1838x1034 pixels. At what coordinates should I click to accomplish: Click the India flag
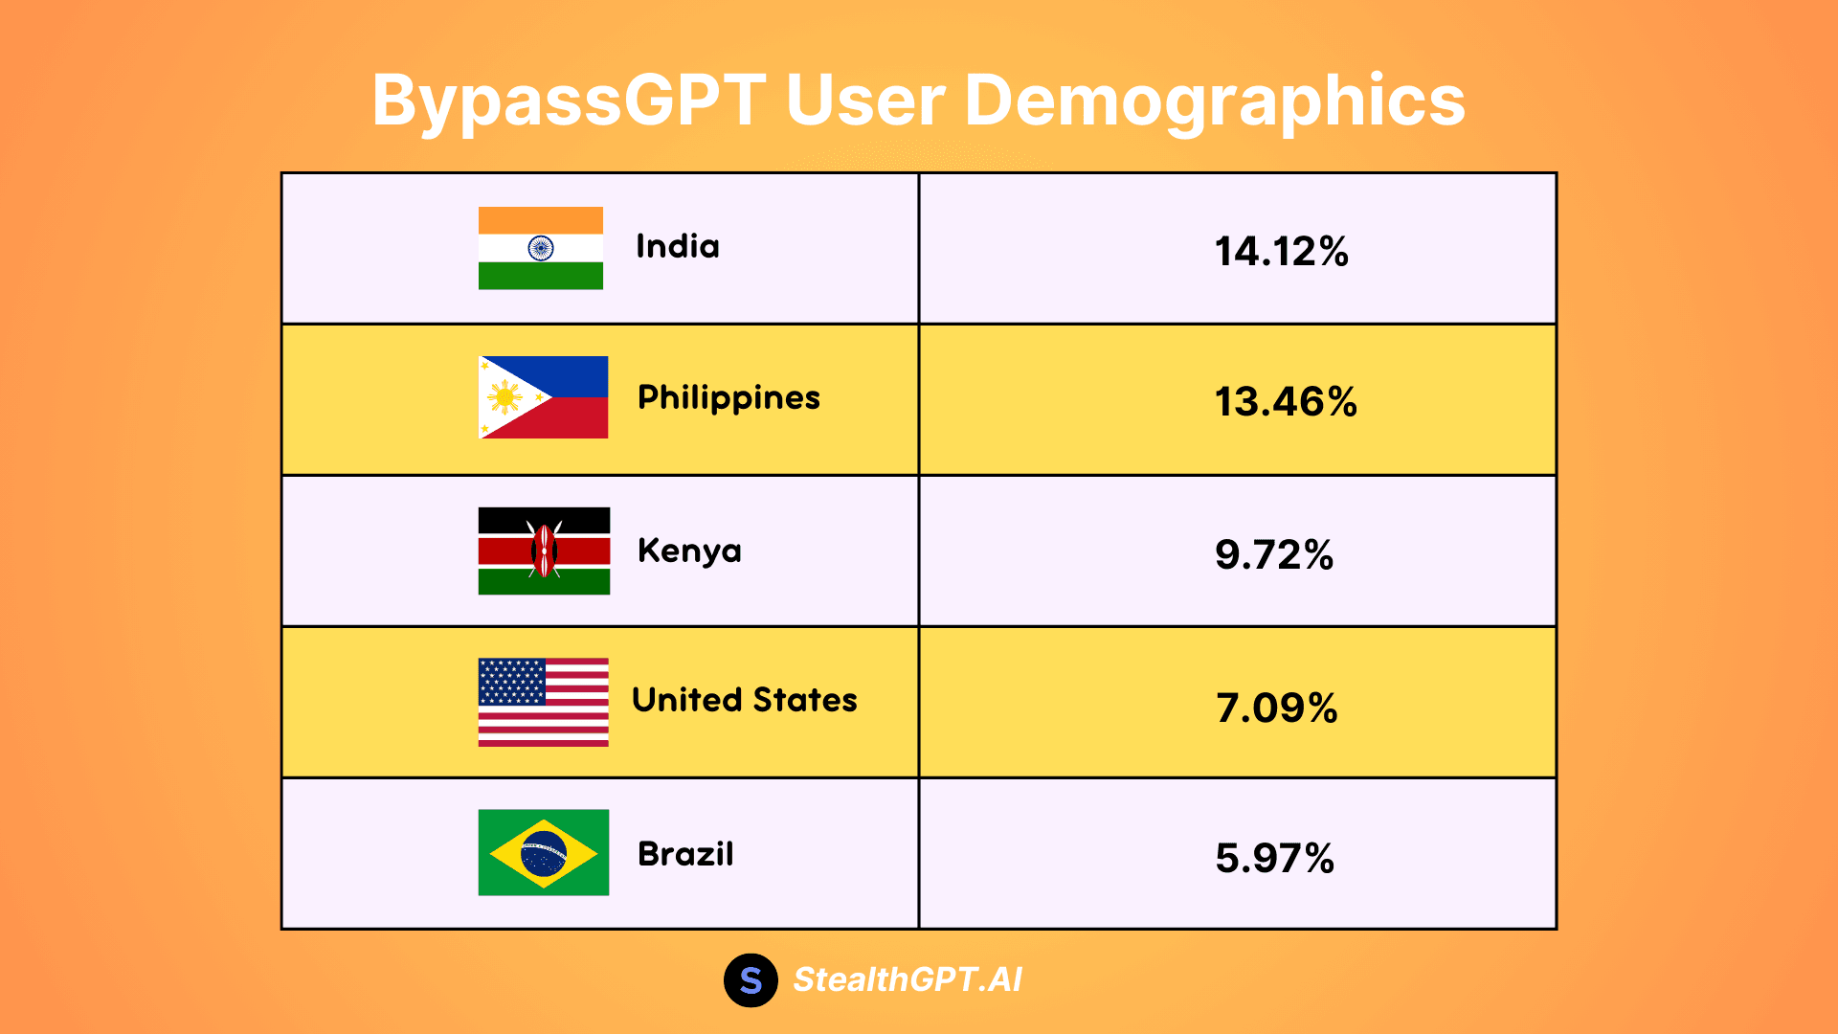coord(541,248)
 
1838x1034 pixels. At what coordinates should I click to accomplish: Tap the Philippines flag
coord(543,397)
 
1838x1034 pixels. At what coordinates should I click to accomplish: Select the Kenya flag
coord(544,551)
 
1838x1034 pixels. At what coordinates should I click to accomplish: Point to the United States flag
coord(543,702)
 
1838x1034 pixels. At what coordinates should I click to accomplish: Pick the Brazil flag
coord(543,852)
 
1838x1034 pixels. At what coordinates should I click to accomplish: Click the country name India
coord(678,247)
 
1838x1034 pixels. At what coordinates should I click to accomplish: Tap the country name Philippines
coord(728,398)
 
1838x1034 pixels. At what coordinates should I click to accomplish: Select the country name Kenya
coord(689,551)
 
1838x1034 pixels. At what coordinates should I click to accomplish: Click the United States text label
coord(744,700)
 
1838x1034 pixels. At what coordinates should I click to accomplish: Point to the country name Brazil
coord(685,854)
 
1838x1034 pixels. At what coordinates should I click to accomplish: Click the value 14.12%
coord(1281,252)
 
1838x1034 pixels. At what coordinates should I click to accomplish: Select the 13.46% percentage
coord(1286,402)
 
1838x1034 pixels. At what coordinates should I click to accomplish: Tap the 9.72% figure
coord(1274,555)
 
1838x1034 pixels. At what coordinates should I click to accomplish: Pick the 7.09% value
coord(1277,708)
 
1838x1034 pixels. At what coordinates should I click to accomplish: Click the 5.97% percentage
coord(1274,859)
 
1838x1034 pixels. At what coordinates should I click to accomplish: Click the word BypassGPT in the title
coord(569,101)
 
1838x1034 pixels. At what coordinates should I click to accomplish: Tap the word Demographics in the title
coord(1215,101)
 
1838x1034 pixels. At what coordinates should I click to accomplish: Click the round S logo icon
coord(751,980)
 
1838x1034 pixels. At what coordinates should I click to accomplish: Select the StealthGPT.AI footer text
coord(908,979)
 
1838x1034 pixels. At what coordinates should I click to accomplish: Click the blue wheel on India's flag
coord(541,249)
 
